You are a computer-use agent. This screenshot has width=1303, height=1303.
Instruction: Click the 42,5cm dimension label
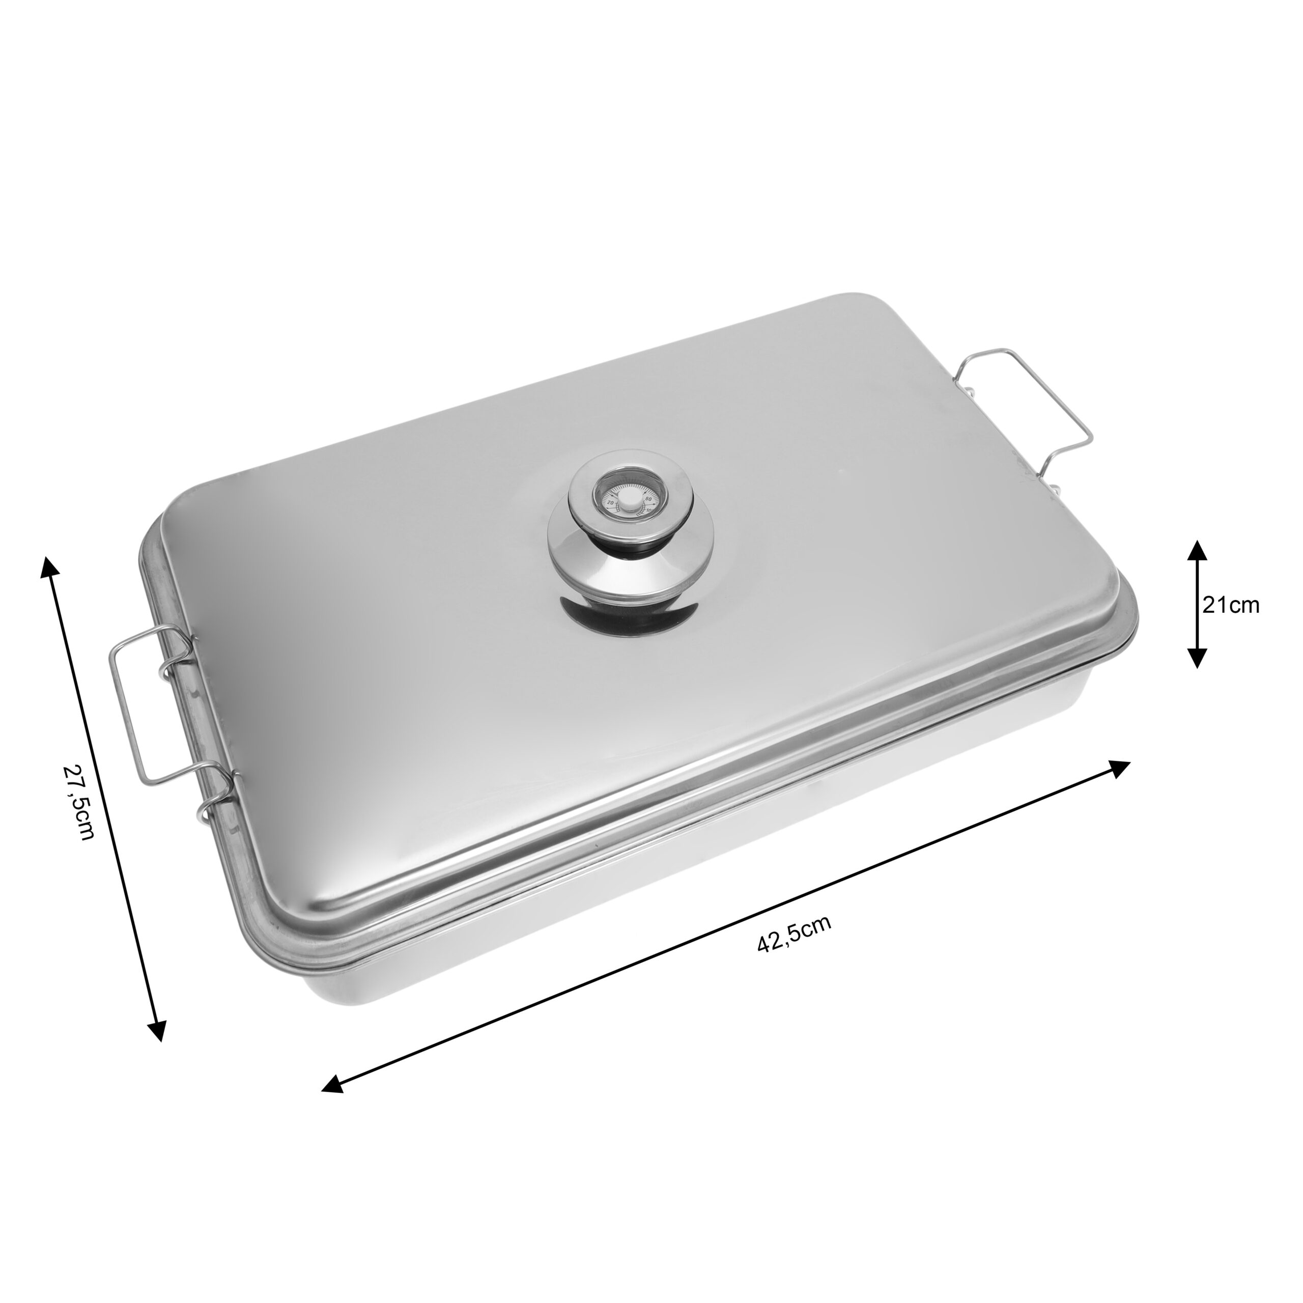pyautogui.click(x=795, y=933)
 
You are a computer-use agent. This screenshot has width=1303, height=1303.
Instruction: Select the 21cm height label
pyautogui.click(x=1231, y=605)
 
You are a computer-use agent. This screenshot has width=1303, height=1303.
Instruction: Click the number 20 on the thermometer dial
pyautogui.click(x=611, y=502)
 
